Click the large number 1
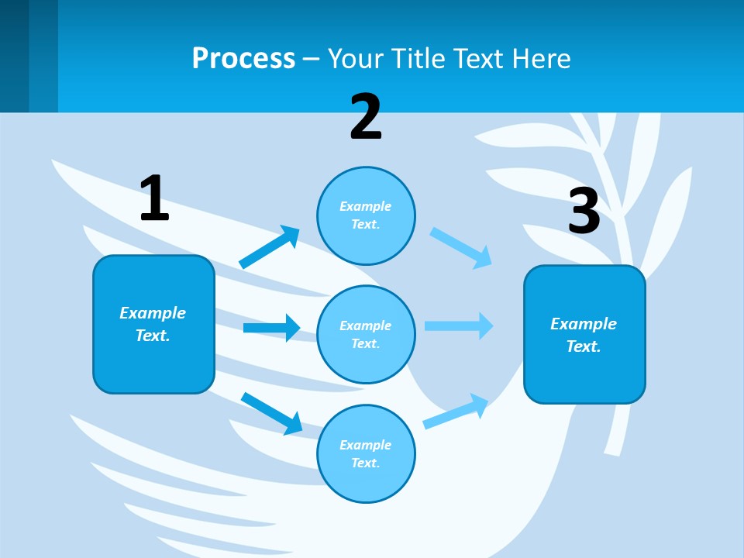pyautogui.click(x=154, y=198)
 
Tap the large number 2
pyautogui.click(x=366, y=117)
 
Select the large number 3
pyautogui.click(x=584, y=211)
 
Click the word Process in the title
pyautogui.click(x=243, y=58)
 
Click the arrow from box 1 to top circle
pyautogui.click(x=270, y=247)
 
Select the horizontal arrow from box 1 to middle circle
pyautogui.click(x=271, y=328)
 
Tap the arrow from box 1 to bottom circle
pyautogui.click(x=271, y=413)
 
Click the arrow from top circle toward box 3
pyautogui.click(x=461, y=247)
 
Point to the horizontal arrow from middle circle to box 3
pyautogui.click(x=459, y=325)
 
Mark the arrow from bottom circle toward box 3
pyautogui.click(x=456, y=412)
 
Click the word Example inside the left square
pyautogui.click(x=153, y=313)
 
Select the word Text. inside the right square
pyautogui.click(x=584, y=346)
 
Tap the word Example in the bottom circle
pyautogui.click(x=365, y=445)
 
